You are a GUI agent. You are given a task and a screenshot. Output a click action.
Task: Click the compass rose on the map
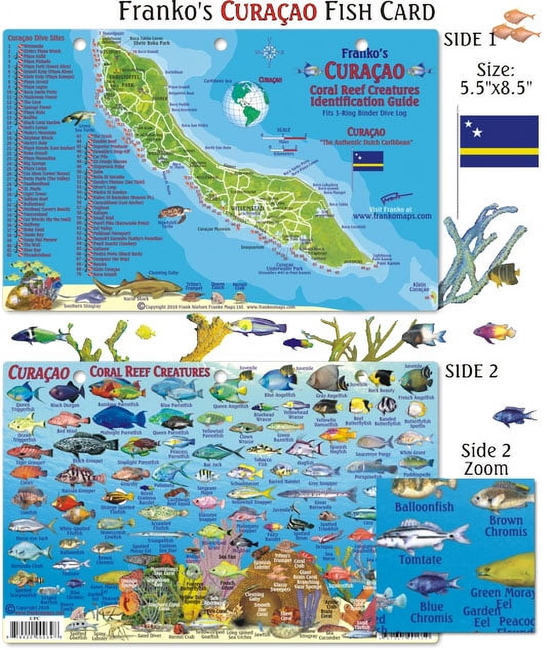[x=271, y=52]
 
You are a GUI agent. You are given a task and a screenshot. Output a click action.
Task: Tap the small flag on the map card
[x=367, y=161]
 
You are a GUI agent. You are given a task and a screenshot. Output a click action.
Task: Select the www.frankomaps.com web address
[x=392, y=216]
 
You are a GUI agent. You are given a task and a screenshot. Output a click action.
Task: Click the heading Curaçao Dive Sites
[x=31, y=38]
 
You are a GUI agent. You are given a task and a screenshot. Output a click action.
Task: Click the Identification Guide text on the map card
[x=364, y=101]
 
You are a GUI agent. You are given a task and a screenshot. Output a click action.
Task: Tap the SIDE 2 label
[x=471, y=371]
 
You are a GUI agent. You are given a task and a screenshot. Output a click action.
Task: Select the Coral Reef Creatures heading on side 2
[x=150, y=371]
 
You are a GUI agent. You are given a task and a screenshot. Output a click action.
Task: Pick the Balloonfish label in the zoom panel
[x=424, y=507]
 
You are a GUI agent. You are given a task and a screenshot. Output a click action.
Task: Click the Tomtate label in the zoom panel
[x=420, y=559]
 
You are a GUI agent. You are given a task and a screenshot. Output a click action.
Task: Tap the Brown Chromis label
[x=505, y=525]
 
